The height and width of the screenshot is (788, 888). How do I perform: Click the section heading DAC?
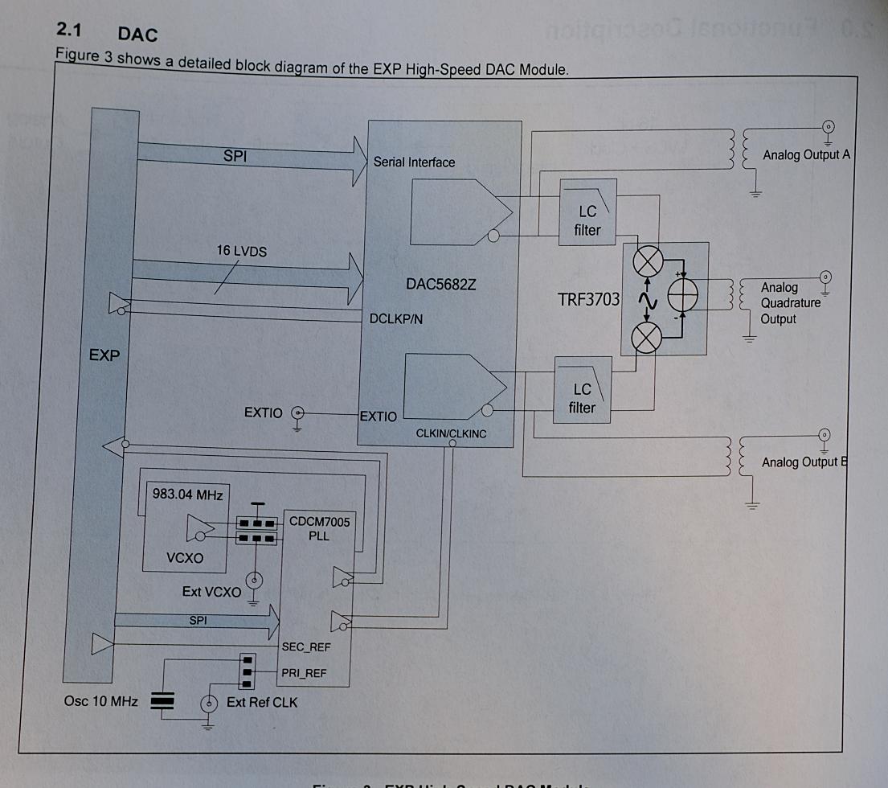pos(137,34)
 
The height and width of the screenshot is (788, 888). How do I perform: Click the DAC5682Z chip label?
pos(441,285)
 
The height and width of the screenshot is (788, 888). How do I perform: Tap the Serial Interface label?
pos(414,162)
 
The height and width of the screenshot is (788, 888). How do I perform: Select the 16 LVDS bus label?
pos(241,251)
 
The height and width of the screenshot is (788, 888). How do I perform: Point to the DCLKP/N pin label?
pos(396,319)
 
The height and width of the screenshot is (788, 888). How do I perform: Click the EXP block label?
pos(104,355)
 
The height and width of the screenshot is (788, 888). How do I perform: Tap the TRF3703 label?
pos(588,300)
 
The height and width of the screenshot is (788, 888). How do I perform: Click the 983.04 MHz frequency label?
pos(187,493)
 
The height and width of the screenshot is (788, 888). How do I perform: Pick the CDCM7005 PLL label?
pos(319,528)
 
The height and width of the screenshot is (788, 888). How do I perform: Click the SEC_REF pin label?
pos(306,646)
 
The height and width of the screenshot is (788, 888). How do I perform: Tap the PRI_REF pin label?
pos(305,673)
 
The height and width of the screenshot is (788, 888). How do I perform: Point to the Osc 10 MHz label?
pos(100,701)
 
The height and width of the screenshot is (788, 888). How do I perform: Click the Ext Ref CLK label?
pos(262,702)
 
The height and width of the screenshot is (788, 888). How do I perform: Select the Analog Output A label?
pos(805,154)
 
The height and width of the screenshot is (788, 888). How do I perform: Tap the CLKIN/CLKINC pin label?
pos(451,433)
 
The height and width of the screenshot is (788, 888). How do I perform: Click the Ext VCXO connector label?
pos(211,592)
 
